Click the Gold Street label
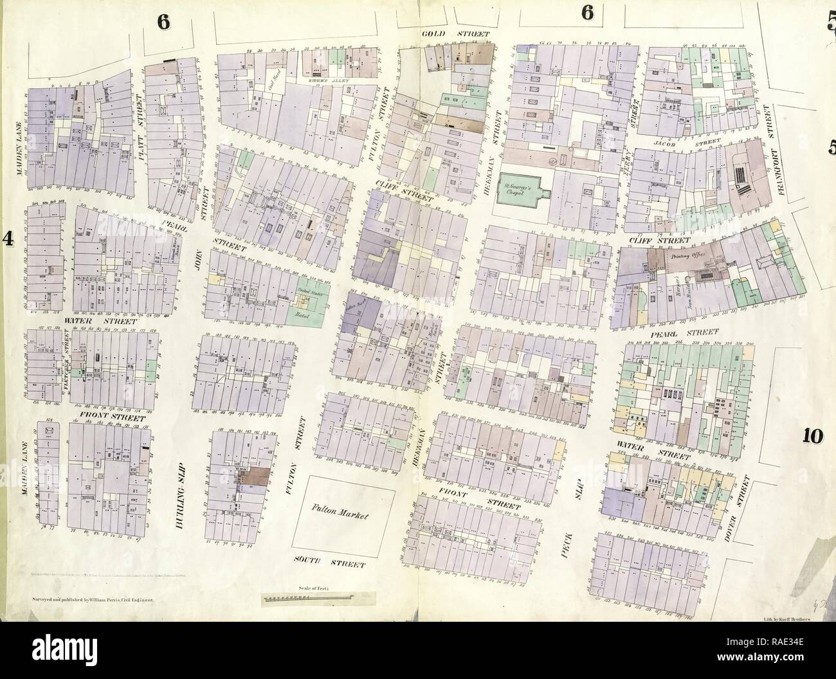pyautogui.click(x=455, y=33)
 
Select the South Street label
pyautogui.click(x=331, y=564)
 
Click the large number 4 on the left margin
pyautogui.click(x=9, y=239)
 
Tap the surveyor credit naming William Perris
pyautogui.click(x=92, y=598)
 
